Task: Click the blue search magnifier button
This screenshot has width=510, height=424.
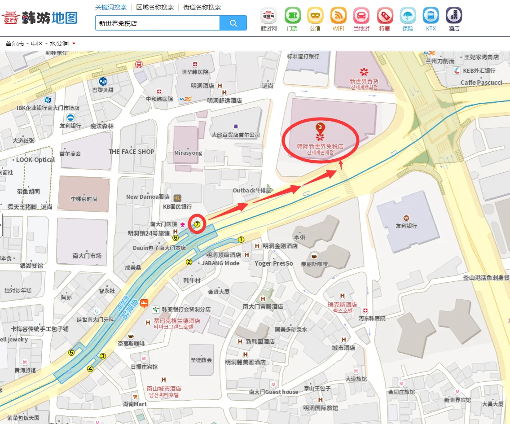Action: (233, 23)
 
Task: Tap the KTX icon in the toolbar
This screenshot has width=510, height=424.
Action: (431, 16)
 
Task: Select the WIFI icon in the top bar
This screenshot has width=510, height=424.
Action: (339, 16)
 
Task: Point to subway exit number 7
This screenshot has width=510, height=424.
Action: (197, 224)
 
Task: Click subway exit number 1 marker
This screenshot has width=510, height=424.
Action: (241, 240)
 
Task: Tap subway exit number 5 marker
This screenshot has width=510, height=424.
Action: (71, 352)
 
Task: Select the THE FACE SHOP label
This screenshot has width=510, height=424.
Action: (131, 152)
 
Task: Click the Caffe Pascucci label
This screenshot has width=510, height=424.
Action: (481, 83)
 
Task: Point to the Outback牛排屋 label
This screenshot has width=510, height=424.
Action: (252, 190)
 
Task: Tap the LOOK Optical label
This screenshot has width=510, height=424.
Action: (35, 160)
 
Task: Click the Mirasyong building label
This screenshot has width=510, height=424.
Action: (188, 153)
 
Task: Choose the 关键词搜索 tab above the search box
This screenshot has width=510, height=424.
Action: (111, 7)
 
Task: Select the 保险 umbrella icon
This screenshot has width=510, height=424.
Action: (408, 16)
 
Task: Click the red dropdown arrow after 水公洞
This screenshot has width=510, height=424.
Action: (74, 44)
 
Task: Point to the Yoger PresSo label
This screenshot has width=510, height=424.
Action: (273, 263)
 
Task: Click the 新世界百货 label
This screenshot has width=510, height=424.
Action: (364, 81)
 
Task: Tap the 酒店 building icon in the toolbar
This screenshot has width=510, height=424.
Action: (454, 16)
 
